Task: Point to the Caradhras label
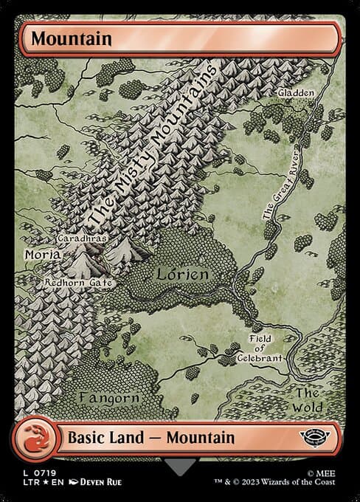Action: coord(83,239)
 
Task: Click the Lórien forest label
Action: coord(182,274)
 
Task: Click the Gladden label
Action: coord(297,93)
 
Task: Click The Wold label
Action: coord(308,399)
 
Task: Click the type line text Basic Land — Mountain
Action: coord(151,437)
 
